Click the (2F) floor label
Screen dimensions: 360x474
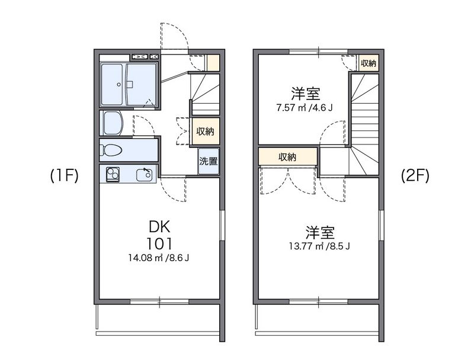point(415,176)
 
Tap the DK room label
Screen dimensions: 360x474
point(160,226)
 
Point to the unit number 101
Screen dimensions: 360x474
point(160,243)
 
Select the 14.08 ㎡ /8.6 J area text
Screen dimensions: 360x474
point(160,258)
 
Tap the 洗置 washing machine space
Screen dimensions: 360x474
point(207,162)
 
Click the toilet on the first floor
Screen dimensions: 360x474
point(111,149)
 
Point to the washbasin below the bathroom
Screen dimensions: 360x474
point(112,123)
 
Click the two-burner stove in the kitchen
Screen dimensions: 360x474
point(112,175)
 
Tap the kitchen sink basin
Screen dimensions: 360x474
point(145,175)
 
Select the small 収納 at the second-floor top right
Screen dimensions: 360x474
point(369,63)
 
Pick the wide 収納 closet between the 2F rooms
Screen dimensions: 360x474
point(287,157)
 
